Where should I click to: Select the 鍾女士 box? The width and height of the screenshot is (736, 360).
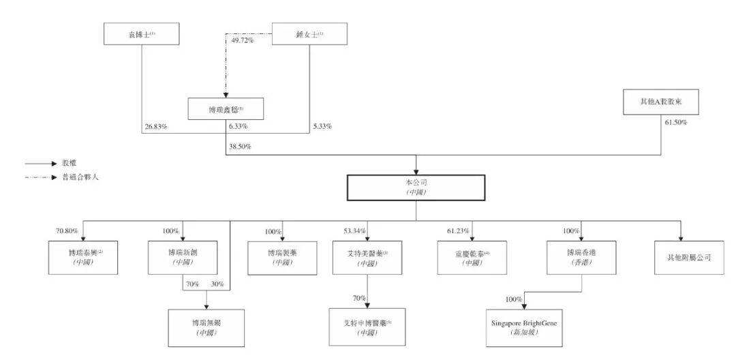tap(309, 33)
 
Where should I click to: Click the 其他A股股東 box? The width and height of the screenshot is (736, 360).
tap(660, 104)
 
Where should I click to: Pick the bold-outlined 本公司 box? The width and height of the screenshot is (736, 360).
tap(416, 187)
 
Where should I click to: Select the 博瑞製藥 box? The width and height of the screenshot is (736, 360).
tap(281, 257)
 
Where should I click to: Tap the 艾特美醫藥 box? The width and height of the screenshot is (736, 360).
tap(367, 257)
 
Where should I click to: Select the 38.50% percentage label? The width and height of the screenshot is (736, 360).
tap(239, 146)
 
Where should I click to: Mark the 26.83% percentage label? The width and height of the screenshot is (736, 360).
tap(156, 126)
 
